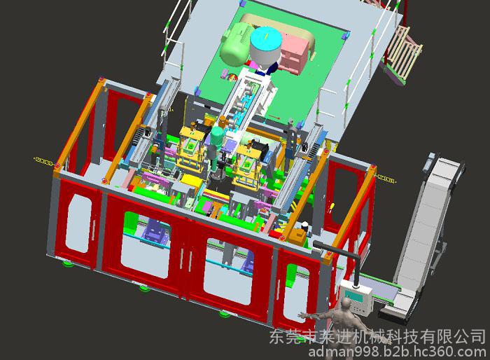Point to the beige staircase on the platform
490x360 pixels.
(403, 53)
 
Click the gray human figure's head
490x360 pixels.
(346, 303)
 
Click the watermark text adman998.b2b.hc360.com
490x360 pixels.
(397, 352)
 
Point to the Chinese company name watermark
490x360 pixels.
(377, 336)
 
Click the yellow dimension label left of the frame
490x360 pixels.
(44, 161)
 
